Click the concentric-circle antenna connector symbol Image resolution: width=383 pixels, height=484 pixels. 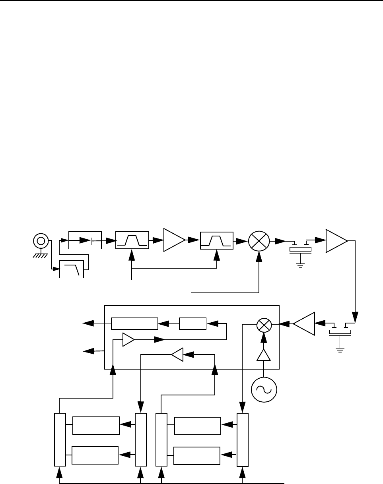click(41, 240)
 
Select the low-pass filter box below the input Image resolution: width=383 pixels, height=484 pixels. click(72, 269)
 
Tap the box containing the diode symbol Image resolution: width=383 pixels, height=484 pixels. click(85, 240)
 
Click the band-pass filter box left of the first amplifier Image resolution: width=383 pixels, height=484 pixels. click(132, 240)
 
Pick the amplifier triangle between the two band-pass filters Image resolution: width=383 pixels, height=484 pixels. click(173, 240)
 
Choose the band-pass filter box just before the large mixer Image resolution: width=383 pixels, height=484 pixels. click(217, 240)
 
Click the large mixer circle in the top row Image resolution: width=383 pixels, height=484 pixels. click(259, 241)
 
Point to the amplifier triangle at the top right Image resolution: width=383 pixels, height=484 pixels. click(335, 240)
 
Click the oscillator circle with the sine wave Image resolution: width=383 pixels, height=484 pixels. click(264, 389)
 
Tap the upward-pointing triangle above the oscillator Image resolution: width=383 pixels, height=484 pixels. click(263, 355)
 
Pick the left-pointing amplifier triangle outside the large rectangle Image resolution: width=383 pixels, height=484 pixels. click(305, 324)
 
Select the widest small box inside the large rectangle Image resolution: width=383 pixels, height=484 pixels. click(134, 324)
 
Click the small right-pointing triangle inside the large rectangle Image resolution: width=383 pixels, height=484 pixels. click(128, 340)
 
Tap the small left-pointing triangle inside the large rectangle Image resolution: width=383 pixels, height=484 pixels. click(177, 355)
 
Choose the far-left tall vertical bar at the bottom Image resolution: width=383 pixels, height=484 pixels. click(60, 439)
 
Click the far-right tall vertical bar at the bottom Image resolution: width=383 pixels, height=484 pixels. click(242, 439)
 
